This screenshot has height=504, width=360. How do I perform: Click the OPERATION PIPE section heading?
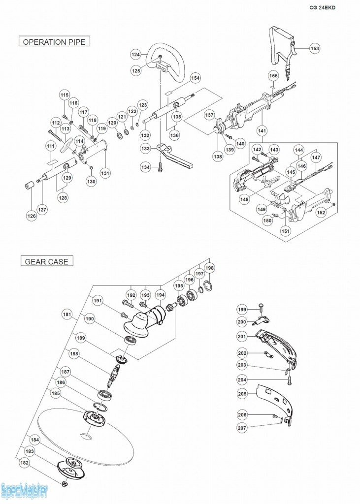[x=54, y=42]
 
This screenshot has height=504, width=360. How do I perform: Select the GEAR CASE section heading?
[x=47, y=261]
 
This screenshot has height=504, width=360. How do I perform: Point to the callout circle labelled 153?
[x=315, y=48]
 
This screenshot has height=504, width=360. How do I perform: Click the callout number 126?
[x=32, y=216]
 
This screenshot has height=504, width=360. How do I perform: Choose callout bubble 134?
[x=145, y=168]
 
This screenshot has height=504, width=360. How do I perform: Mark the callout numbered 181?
[x=67, y=314]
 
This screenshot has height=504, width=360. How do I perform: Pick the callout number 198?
[x=210, y=268]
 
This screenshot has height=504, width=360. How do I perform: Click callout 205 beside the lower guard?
[x=242, y=394]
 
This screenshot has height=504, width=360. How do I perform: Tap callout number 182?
[x=25, y=463]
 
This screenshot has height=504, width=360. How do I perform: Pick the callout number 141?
[x=262, y=130]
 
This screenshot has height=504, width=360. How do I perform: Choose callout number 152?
[x=321, y=213]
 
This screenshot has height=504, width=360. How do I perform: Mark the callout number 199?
[x=242, y=309]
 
